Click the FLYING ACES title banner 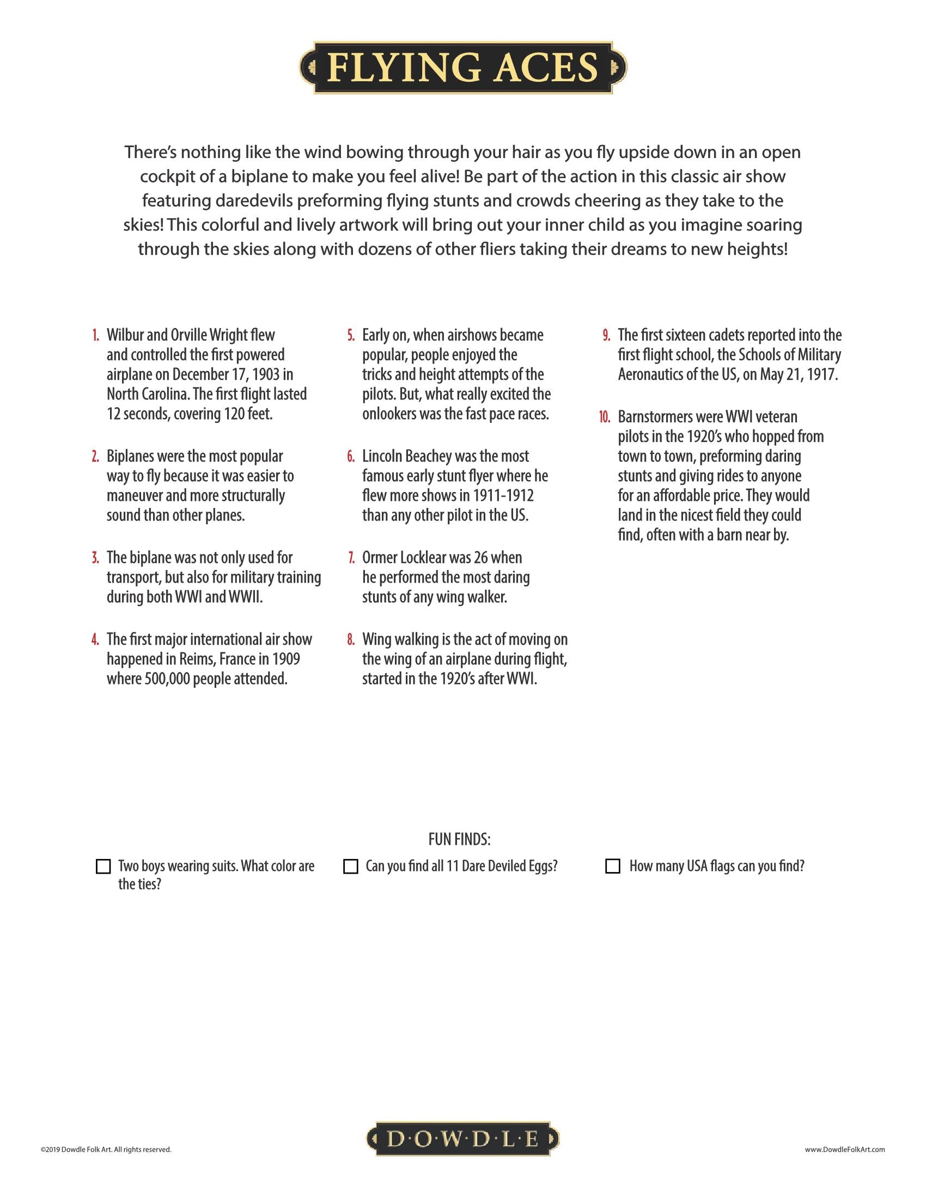click(x=463, y=68)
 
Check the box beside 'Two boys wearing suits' click(x=103, y=867)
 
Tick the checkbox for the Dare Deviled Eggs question click(x=350, y=867)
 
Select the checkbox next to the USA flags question click(x=612, y=867)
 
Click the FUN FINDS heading click(x=459, y=839)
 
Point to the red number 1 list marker click(x=95, y=335)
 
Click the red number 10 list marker click(x=604, y=417)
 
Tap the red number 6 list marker click(x=351, y=457)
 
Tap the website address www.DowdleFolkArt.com click(x=845, y=1149)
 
